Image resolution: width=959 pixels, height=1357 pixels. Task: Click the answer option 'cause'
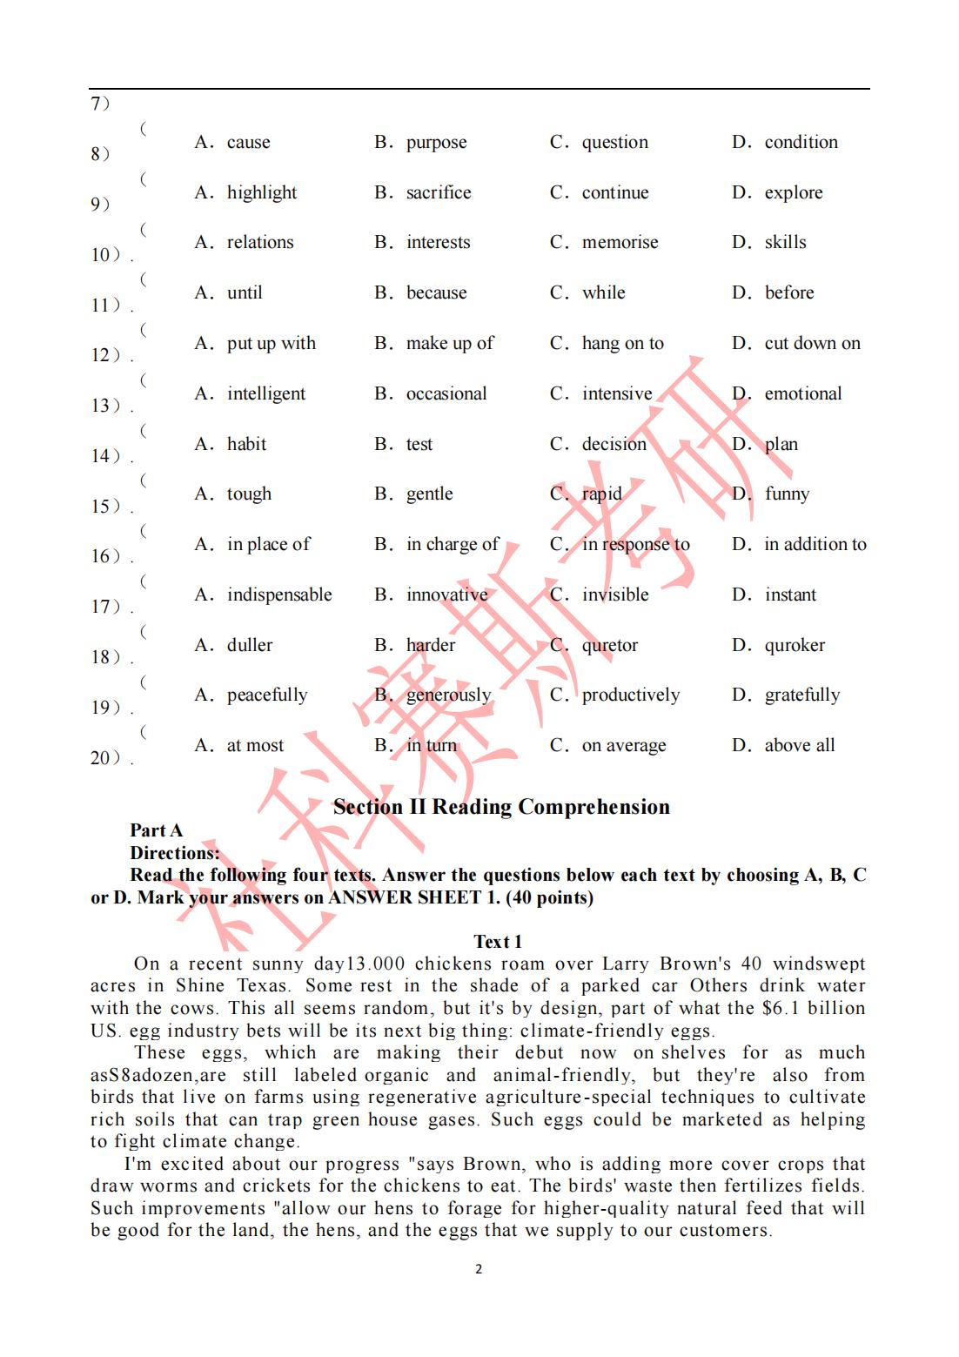(248, 142)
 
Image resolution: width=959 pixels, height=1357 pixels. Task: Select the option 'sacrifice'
(438, 192)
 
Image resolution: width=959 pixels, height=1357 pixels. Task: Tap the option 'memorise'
(620, 242)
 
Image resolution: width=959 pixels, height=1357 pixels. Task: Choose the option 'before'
(788, 292)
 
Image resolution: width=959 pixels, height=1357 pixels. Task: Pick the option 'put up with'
(271, 343)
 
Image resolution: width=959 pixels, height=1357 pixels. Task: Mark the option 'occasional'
(446, 393)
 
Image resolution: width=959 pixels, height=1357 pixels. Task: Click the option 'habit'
(246, 444)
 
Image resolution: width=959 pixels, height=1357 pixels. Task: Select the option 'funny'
(787, 494)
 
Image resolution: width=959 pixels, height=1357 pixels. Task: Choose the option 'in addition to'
(815, 544)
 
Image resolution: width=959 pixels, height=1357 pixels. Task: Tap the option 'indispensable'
(278, 595)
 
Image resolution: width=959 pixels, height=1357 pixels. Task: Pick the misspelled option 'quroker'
(795, 645)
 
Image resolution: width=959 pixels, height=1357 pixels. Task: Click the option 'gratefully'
(801, 695)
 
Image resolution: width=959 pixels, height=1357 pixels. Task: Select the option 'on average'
(623, 745)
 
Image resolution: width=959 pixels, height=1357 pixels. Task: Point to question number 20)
(110, 757)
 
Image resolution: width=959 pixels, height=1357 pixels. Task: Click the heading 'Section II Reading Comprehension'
(501, 807)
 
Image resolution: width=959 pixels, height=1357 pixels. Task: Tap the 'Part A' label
(157, 830)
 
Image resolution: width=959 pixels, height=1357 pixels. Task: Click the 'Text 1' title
(498, 942)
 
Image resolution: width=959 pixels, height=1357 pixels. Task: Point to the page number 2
(479, 1269)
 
